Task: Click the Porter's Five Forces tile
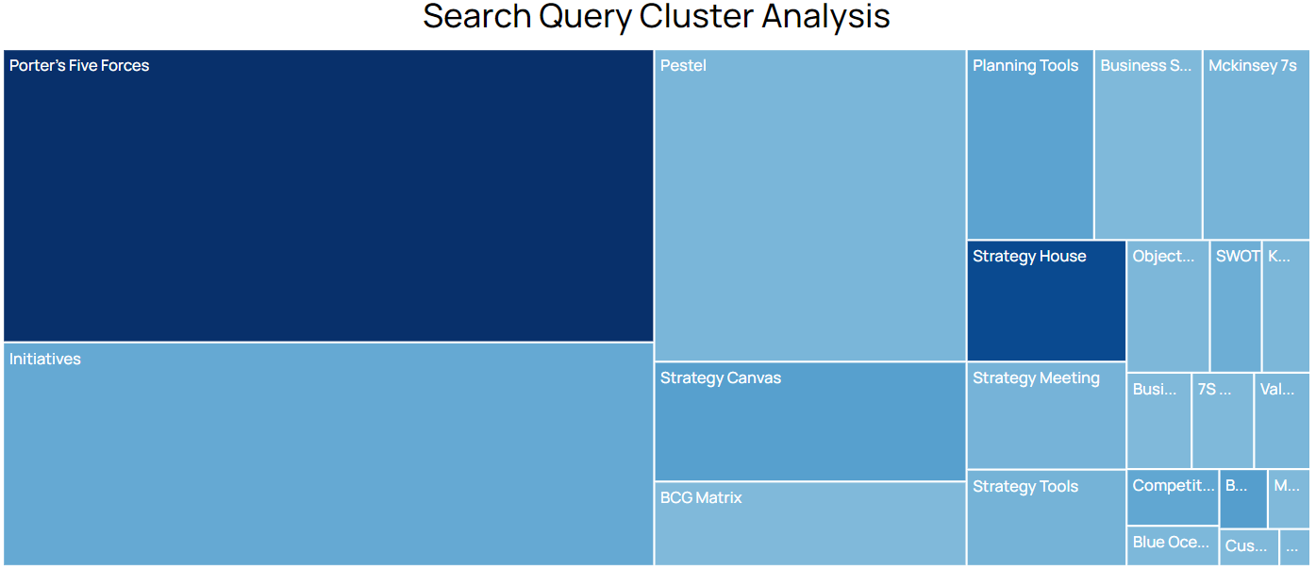coord(328,195)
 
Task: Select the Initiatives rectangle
coord(328,453)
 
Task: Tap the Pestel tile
coord(810,206)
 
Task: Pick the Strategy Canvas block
coord(810,422)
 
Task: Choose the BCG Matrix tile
coord(810,524)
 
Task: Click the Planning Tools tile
coord(1030,144)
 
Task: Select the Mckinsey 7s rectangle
coord(1256,144)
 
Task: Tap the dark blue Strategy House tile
coord(1046,301)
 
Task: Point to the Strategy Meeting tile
coord(1046,415)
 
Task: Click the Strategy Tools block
coord(1046,517)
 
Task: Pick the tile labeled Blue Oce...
coord(1173,545)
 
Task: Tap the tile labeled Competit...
coord(1173,497)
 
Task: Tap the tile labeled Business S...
coord(1148,144)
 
